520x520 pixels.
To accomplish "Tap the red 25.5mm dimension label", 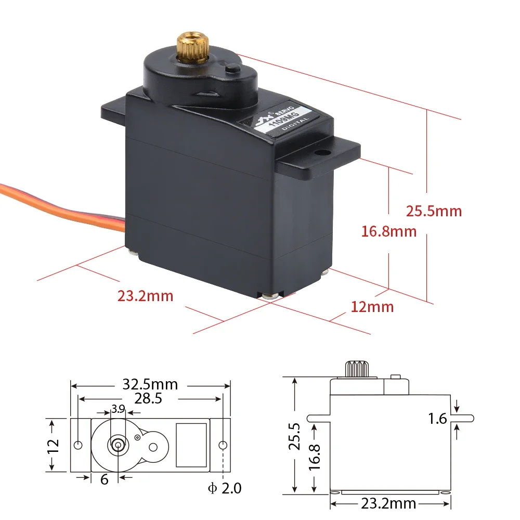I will pyautogui.click(x=434, y=211).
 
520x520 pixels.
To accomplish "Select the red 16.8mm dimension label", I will pyautogui.click(x=389, y=231).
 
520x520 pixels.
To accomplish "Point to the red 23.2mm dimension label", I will pyautogui.click(x=145, y=296).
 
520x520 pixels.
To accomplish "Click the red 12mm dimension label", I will pyautogui.click(x=372, y=307).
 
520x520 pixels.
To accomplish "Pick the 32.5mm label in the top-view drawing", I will pyautogui.click(x=150, y=385).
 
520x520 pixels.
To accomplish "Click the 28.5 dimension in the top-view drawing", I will pyautogui.click(x=148, y=398).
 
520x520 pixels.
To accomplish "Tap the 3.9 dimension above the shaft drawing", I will pyautogui.click(x=119, y=409).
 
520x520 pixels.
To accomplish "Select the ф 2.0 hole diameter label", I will pyautogui.click(x=224, y=488).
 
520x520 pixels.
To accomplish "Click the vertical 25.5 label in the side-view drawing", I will pyautogui.click(x=295, y=435).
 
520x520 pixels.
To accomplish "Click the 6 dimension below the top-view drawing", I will pyautogui.click(x=104, y=479).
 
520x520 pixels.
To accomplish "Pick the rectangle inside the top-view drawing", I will pyautogui.click(x=191, y=444).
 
